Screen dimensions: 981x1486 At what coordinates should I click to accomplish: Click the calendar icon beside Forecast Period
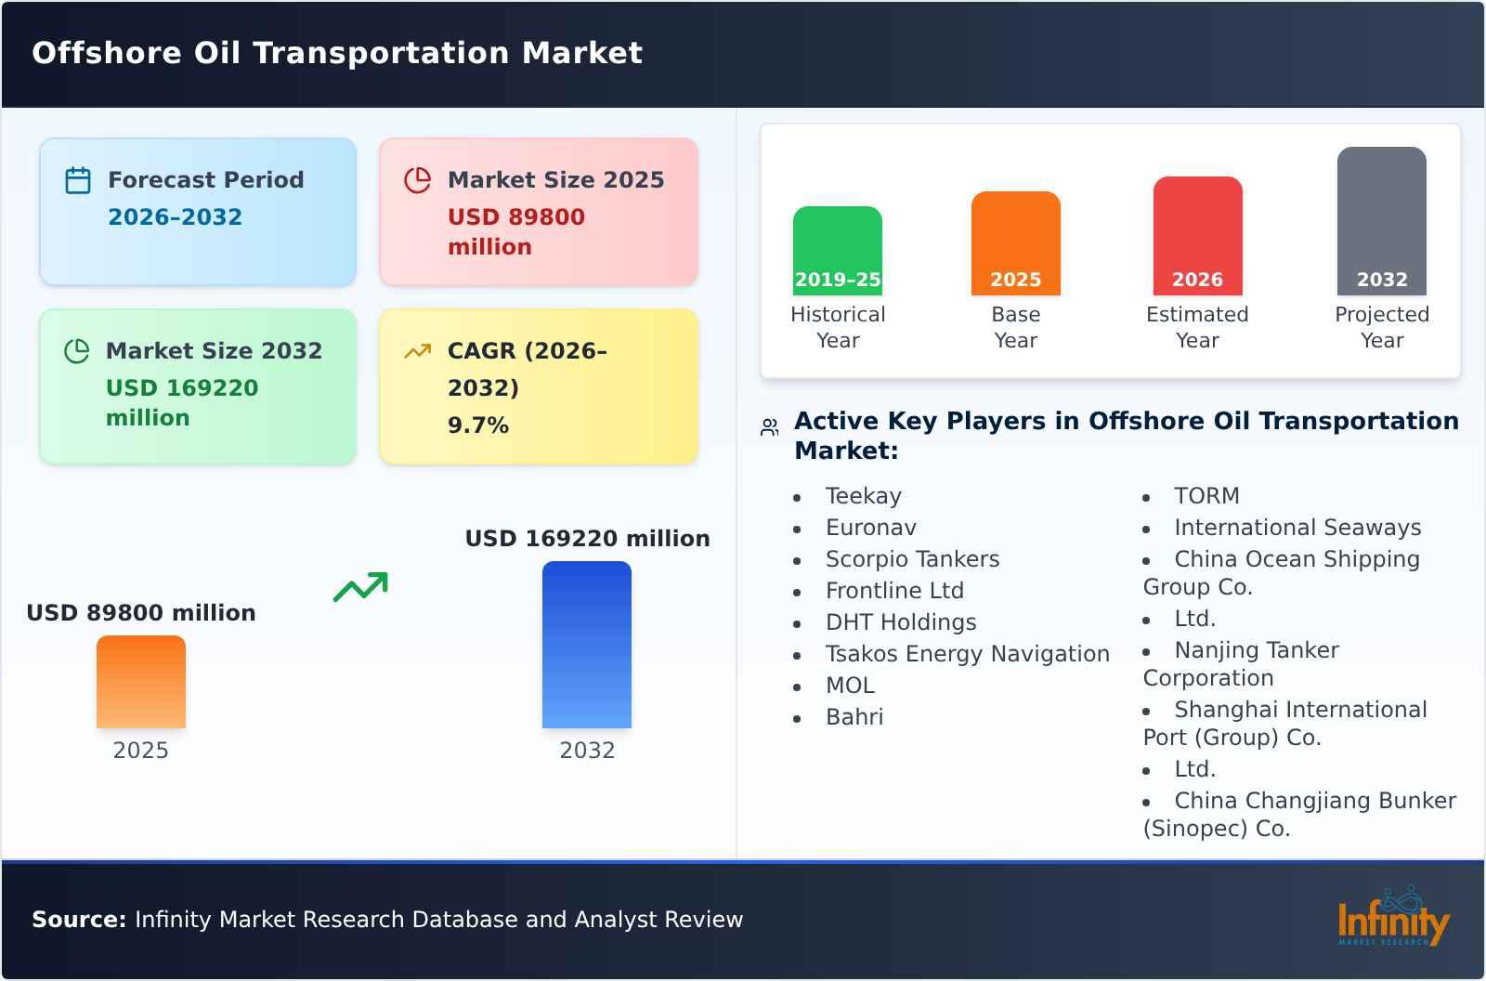pos(78,180)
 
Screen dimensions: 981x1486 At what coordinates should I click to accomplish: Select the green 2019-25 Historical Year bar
pos(837,251)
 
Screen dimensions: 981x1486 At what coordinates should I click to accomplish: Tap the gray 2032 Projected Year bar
pos(1381,221)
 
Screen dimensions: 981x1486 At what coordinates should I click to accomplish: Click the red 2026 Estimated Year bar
pos(1197,236)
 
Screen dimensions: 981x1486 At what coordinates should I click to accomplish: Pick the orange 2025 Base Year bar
pos(1015,243)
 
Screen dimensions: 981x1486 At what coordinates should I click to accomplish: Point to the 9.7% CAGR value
pos(477,425)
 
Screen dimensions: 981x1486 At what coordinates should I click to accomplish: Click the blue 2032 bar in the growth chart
pos(586,645)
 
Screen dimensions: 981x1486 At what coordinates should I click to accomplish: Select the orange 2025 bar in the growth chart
pos(141,682)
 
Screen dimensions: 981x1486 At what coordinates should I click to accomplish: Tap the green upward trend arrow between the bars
pos(360,587)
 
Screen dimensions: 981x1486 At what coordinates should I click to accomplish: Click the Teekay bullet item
pos(863,496)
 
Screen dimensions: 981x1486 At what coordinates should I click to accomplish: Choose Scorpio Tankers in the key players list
pos(912,559)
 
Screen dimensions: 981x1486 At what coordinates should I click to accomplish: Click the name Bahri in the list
pos(854,717)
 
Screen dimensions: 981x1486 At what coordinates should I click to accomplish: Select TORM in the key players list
pos(1206,496)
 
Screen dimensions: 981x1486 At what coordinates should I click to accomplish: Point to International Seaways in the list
pos(1297,528)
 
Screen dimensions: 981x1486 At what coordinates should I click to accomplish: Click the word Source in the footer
pos(78,920)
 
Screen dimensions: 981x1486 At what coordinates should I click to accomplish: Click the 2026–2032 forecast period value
pos(175,217)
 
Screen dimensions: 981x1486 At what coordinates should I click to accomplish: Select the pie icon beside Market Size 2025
pos(418,180)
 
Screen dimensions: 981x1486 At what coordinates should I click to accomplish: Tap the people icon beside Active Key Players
pos(769,427)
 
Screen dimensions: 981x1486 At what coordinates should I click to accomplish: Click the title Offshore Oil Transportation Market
pos(337,53)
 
